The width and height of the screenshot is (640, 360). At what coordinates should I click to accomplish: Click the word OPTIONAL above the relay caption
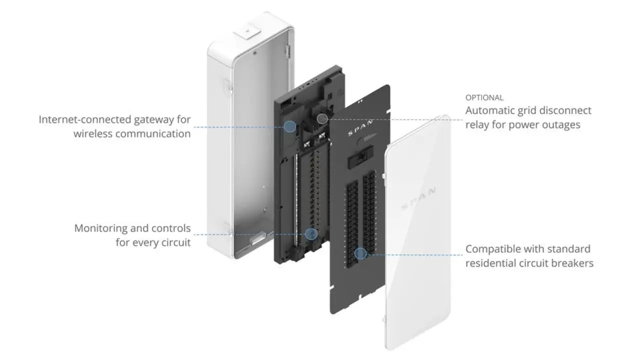coord(484,97)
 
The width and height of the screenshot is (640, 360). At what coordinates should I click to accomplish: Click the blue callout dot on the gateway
coord(289,126)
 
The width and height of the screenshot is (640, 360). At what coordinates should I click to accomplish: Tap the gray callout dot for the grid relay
coord(323,118)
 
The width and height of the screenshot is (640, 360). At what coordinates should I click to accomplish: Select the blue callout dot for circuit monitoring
coord(311,233)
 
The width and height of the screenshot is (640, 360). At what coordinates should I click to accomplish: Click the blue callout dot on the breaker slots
coord(359,253)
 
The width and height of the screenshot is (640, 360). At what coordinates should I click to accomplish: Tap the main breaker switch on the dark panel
coord(359,158)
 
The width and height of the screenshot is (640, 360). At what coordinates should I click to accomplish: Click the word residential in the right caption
coord(491,263)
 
